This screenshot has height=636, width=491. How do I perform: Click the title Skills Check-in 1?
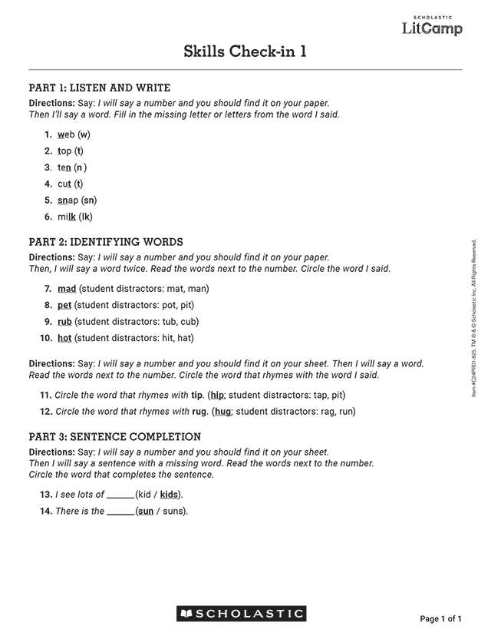click(245, 51)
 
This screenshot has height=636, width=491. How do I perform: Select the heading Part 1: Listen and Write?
click(99, 88)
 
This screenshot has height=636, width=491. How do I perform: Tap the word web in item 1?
click(66, 134)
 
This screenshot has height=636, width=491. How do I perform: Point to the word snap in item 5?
click(68, 200)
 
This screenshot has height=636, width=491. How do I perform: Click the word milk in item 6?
click(67, 217)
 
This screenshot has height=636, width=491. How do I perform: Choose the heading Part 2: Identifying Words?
click(106, 242)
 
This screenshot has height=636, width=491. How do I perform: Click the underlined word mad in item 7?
click(67, 289)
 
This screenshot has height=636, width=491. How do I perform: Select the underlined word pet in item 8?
click(65, 305)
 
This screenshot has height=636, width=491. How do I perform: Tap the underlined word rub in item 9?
click(65, 322)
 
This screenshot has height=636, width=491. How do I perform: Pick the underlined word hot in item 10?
click(64, 338)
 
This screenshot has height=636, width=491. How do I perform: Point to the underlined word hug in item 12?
click(223, 412)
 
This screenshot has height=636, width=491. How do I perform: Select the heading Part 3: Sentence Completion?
click(114, 437)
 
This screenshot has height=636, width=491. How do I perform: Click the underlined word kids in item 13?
click(169, 495)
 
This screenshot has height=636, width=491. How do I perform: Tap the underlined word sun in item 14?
click(145, 511)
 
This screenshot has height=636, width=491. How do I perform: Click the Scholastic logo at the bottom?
click(241, 614)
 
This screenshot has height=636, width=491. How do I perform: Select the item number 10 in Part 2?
click(44, 338)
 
